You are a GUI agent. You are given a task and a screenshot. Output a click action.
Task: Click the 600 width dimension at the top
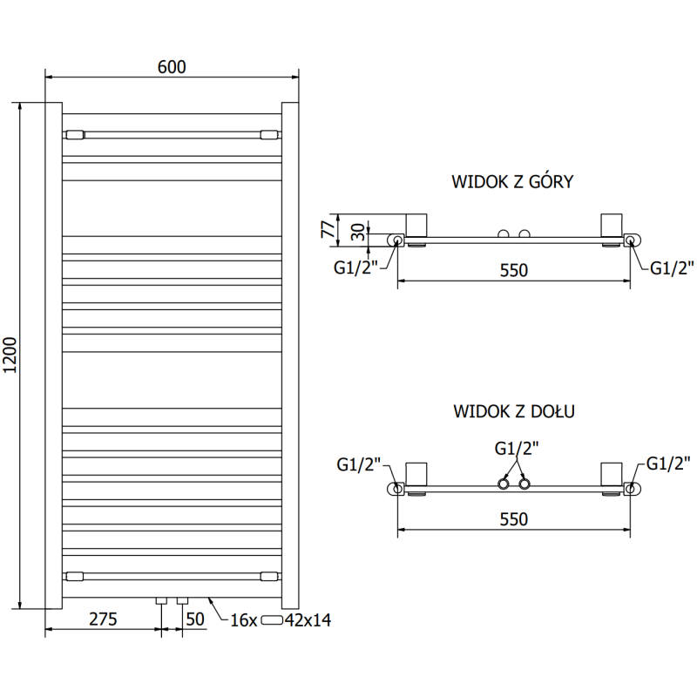click(173, 67)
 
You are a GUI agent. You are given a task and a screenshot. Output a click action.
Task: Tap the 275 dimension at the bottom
click(103, 619)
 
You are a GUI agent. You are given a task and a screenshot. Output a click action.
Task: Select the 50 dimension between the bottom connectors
click(194, 619)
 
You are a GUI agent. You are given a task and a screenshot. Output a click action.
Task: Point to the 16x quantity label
click(243, 619)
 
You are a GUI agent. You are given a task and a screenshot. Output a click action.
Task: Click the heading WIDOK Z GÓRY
click(512, 182)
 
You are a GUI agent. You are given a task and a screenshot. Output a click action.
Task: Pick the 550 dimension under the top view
click(514, 270)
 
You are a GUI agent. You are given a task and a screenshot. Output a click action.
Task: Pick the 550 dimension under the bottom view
click(514, 518)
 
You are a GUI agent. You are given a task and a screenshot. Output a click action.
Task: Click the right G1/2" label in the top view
click(672, 267)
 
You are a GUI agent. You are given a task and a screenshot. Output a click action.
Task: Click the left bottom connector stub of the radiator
click(161, 601)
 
